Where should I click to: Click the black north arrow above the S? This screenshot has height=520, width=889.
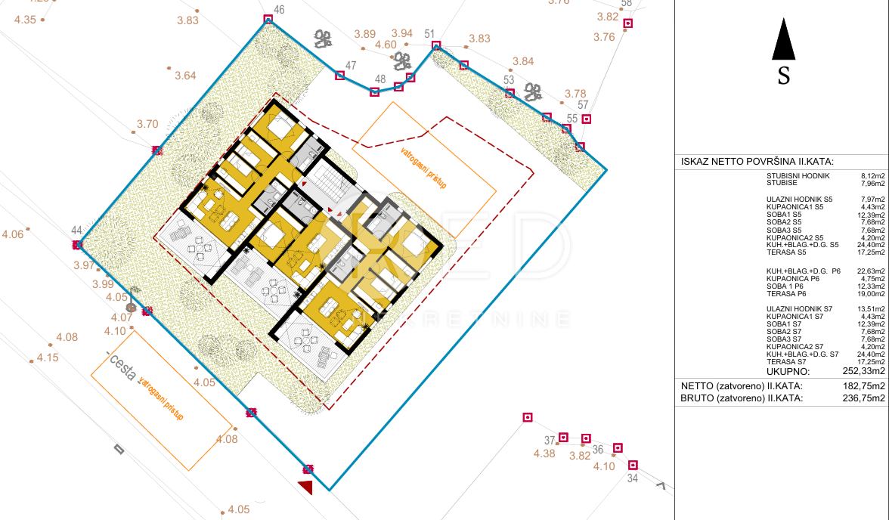(783, 41)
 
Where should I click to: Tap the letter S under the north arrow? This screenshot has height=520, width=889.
(784, 76)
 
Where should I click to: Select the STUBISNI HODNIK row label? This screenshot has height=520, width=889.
(798, 175)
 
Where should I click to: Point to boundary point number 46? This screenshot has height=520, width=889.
(279, 10)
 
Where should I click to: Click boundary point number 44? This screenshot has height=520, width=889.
(76, 231)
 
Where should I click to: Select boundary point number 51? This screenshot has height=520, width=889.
(430, 33)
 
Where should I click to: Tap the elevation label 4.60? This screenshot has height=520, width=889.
(386, 45)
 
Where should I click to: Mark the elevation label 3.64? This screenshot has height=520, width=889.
(185, 76)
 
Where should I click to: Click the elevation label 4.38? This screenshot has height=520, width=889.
(544, 453)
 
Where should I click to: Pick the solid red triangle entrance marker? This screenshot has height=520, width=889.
(305, 487)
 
